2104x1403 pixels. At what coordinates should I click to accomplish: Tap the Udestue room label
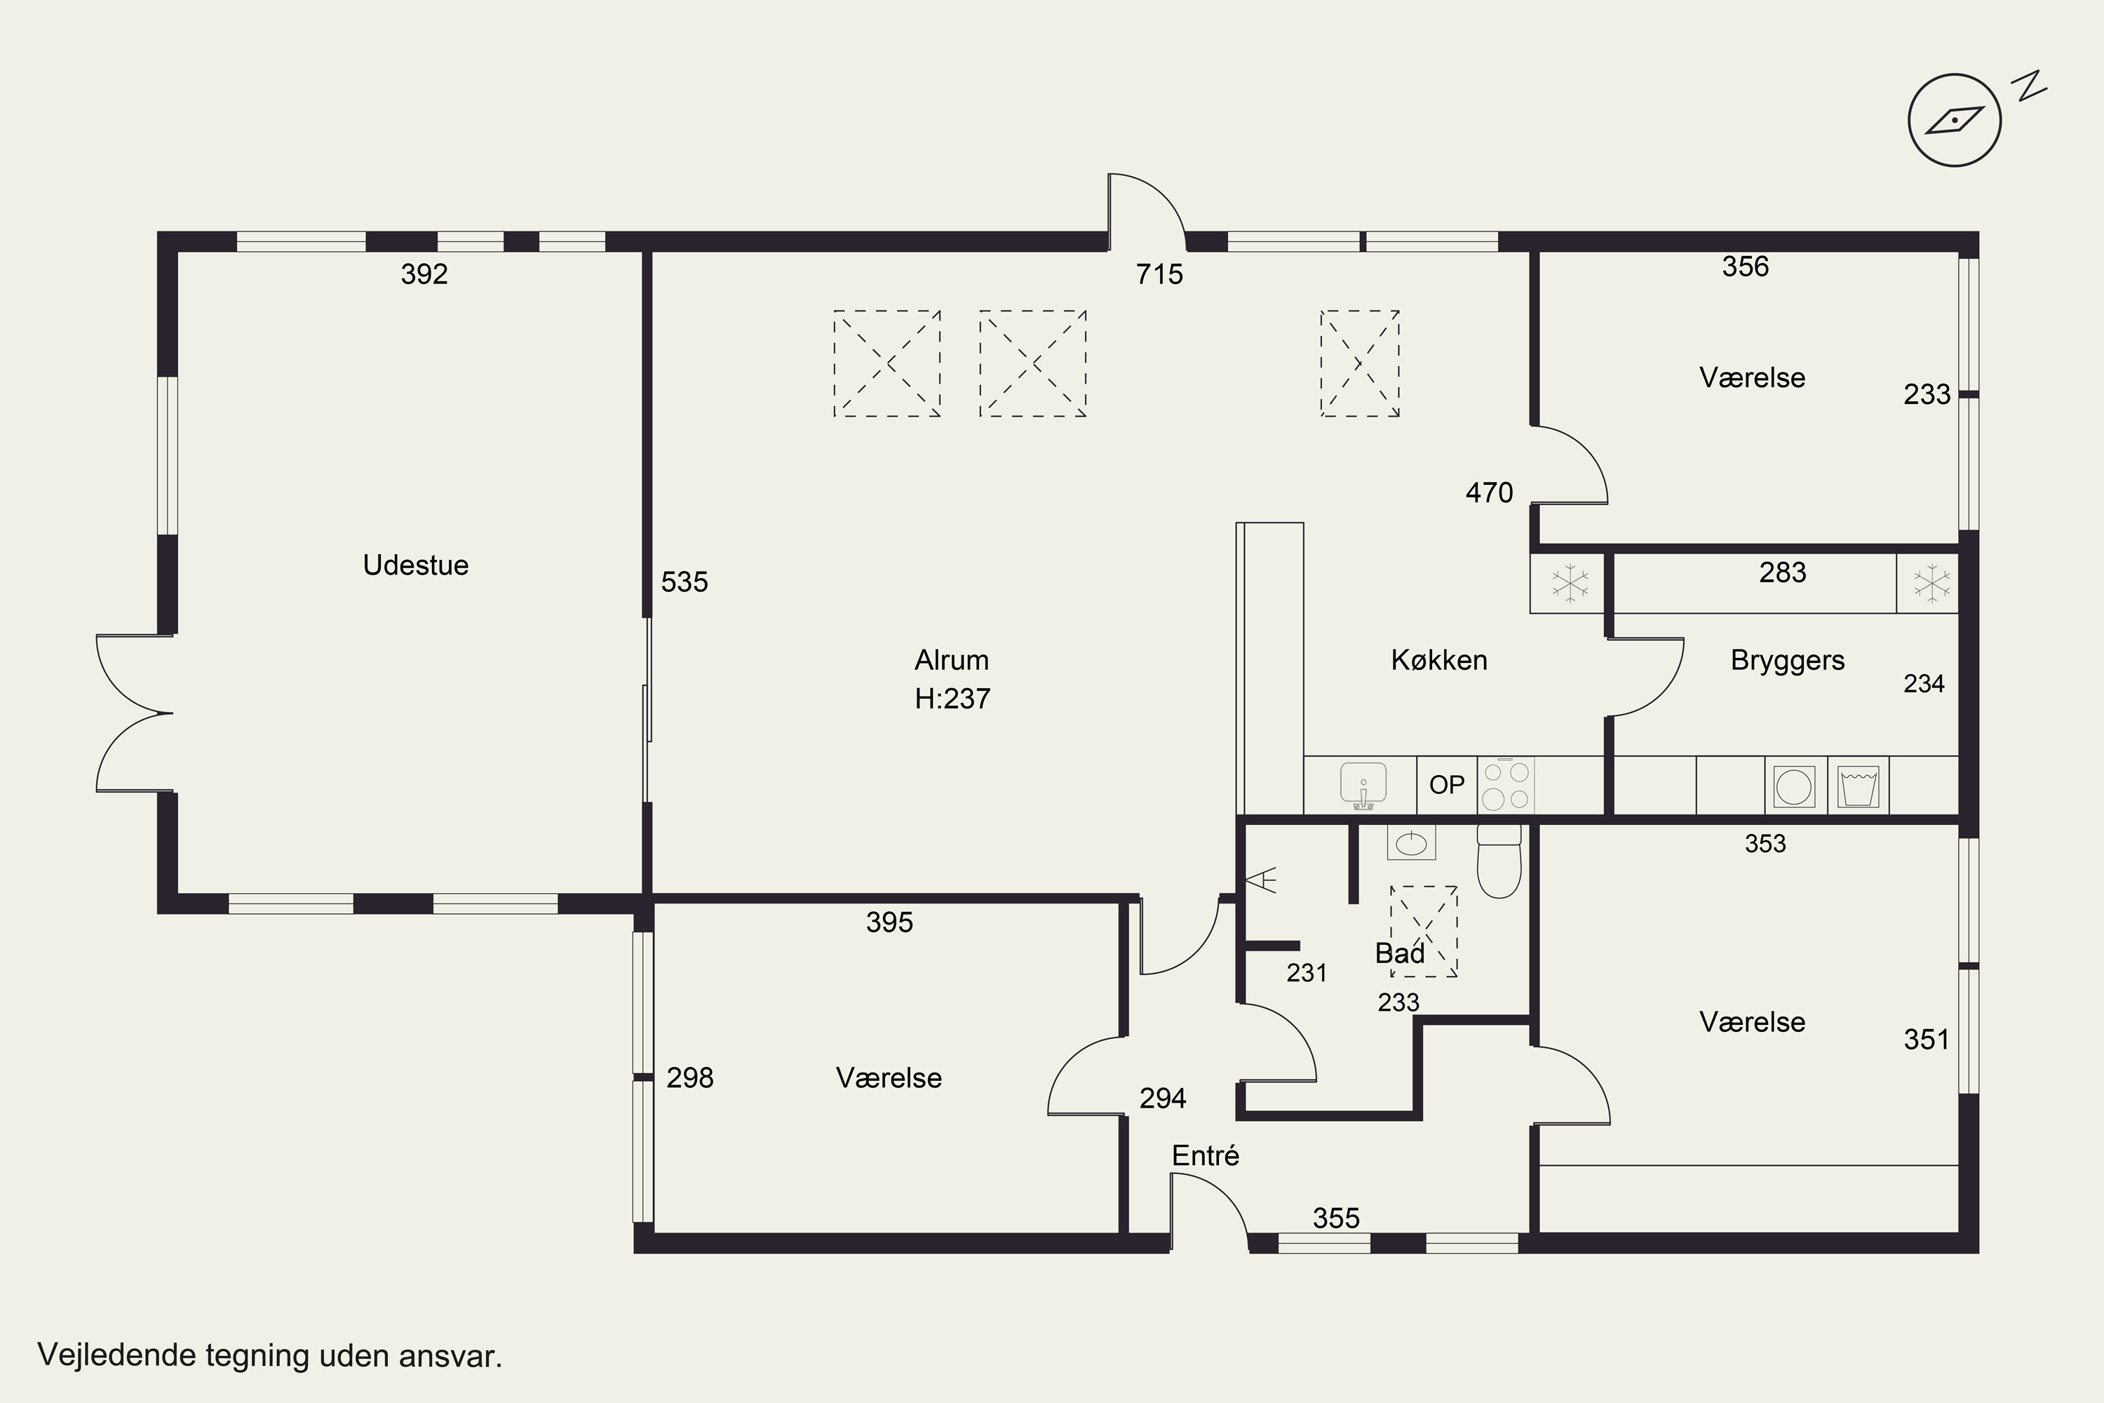coord(416,565)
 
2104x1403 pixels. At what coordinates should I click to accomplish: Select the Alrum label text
coord(952,660)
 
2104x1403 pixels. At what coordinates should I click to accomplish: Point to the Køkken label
coord(1439,660)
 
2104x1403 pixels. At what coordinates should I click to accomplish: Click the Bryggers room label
coord(1787,660)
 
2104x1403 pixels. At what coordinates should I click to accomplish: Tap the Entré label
coord(1206,1155)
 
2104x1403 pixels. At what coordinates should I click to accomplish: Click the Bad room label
coord(1400,954)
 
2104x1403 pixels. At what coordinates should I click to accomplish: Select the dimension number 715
coord(1159,274)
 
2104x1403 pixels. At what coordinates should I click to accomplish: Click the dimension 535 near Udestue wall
coord(685,582)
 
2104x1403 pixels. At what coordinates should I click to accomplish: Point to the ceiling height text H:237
coord(952,699)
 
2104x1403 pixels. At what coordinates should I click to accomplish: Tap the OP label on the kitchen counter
coord(1446,786)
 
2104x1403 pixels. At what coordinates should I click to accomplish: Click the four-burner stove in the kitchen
coord(1506,785)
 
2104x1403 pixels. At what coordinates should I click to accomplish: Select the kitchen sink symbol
coord(1363,786)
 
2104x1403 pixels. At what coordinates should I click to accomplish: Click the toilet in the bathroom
coord(1499,861)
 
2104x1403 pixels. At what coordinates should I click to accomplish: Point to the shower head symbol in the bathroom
coord(1262,881)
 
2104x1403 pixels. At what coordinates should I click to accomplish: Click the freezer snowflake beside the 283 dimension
coord(1931,584)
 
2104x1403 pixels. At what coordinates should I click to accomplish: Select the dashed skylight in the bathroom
coord(1423,931)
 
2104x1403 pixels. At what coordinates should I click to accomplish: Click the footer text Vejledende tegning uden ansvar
coord(270,1355)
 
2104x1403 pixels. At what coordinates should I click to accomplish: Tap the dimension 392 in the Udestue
coord(424,274)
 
